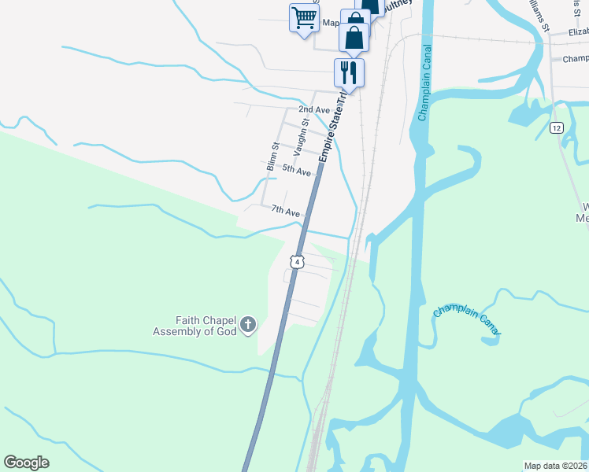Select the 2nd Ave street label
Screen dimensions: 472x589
click(x=313, y=109)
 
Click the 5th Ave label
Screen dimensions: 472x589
click(x=297, y=171)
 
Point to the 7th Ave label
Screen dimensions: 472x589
click(x=286, y=212)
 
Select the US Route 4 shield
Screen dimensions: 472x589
click(x=296, y=261)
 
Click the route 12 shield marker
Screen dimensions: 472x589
click(x=557, y=127)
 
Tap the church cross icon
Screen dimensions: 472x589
click(x=248, y=325)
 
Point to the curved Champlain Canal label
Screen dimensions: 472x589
click(x=467, y=321)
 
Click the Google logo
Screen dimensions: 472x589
click(x=26, y=463)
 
